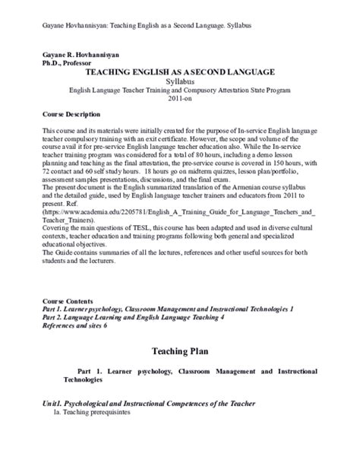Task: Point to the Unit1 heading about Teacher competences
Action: (148, 402)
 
